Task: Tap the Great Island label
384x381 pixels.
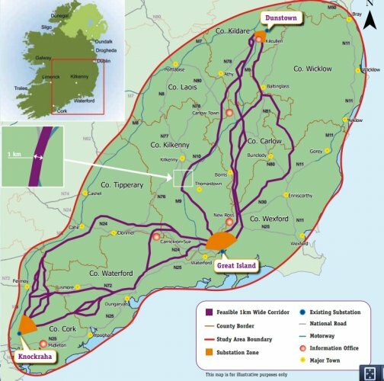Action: pyautogui.click(x=237, y=265)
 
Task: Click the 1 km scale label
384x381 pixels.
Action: pyautogui.click(x=14, y=155)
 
